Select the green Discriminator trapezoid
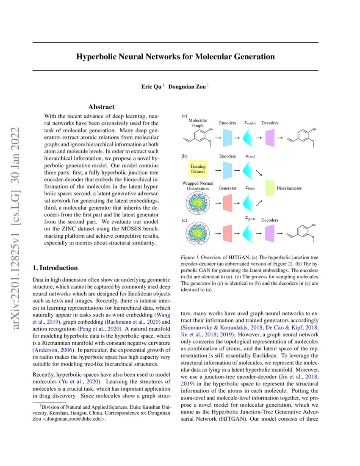pos(270,187)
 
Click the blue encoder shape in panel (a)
pos(228,136)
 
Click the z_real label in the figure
pos(250,156)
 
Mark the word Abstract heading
pos(101,107)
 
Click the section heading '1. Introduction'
pos(55,268)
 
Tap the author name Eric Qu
pos(151,86)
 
